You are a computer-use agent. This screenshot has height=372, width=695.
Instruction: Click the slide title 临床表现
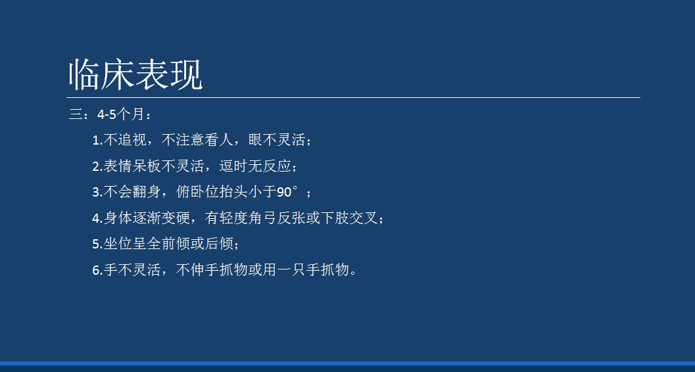(x=135, y=75)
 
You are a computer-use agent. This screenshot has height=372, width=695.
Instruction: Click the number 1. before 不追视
(x=97, y=141)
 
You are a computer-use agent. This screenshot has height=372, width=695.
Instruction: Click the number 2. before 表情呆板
(x=97, y=167)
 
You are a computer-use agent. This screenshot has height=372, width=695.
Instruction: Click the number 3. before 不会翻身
(x=97, y=193)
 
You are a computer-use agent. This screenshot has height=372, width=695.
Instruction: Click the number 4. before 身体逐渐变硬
(x=97, y=219)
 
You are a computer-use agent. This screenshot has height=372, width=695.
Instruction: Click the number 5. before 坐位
(x=97, y=244)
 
